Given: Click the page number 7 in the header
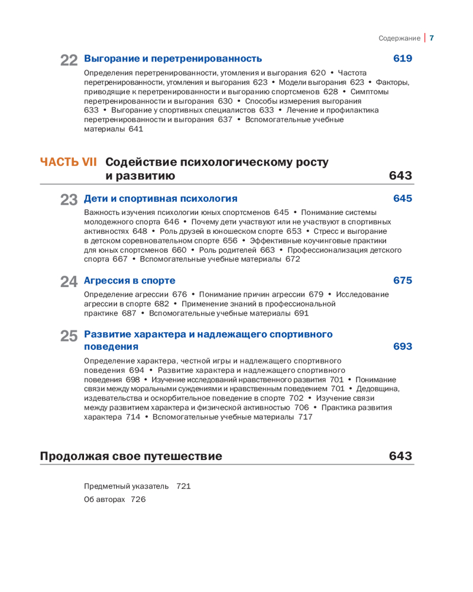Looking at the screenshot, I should tap(432, 38).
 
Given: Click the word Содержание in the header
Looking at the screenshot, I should tap(399, 38).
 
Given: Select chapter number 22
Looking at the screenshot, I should tap(69, 60).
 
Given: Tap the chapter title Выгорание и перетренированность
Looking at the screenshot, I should tap(173, 59).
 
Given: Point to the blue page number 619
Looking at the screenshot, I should tap(403, 59).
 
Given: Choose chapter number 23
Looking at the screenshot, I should tap(69, 200).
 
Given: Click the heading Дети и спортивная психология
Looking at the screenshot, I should tap(161, 198).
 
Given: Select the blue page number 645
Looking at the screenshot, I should tap(403, 198).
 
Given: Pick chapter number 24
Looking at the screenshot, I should tap(69, 282).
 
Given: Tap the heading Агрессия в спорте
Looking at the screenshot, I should tap(130, 280).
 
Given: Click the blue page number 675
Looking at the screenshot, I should tap(403, 280).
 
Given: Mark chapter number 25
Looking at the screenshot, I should tap(69, 336).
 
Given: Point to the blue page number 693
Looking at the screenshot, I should tap(403, 346).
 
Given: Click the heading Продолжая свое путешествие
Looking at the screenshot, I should tap(131, 456).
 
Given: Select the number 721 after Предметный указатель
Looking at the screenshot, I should tap(183, 487).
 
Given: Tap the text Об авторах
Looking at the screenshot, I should tap(105, 500).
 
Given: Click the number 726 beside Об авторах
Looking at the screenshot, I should tap(138, 500).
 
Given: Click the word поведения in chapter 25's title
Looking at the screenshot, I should tap(111, 346).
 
